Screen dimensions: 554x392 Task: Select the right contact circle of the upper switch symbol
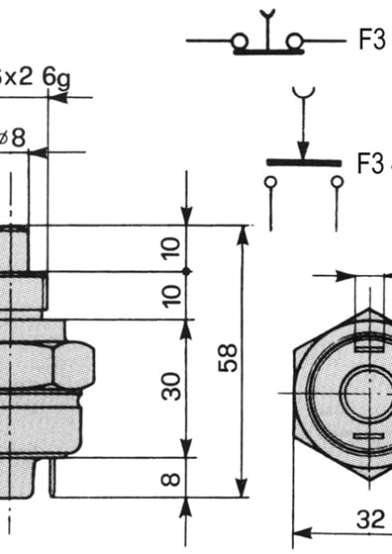click(295, 42)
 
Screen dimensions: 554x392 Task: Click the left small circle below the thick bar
click(271, 183)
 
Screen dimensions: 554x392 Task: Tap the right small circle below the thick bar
click(336, 183)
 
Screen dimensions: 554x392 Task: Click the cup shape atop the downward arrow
click(302, 93)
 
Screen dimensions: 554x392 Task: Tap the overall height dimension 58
click(229, 356)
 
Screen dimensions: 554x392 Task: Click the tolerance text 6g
click(57, 76)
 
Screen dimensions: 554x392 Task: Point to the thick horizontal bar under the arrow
click(302, 162)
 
